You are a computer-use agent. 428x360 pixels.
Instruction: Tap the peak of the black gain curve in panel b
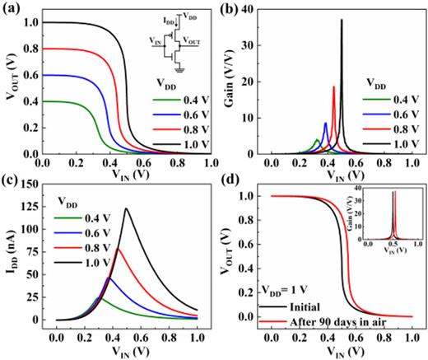point(342,20)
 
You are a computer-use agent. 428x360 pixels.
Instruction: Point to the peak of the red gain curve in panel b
point(333,86)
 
